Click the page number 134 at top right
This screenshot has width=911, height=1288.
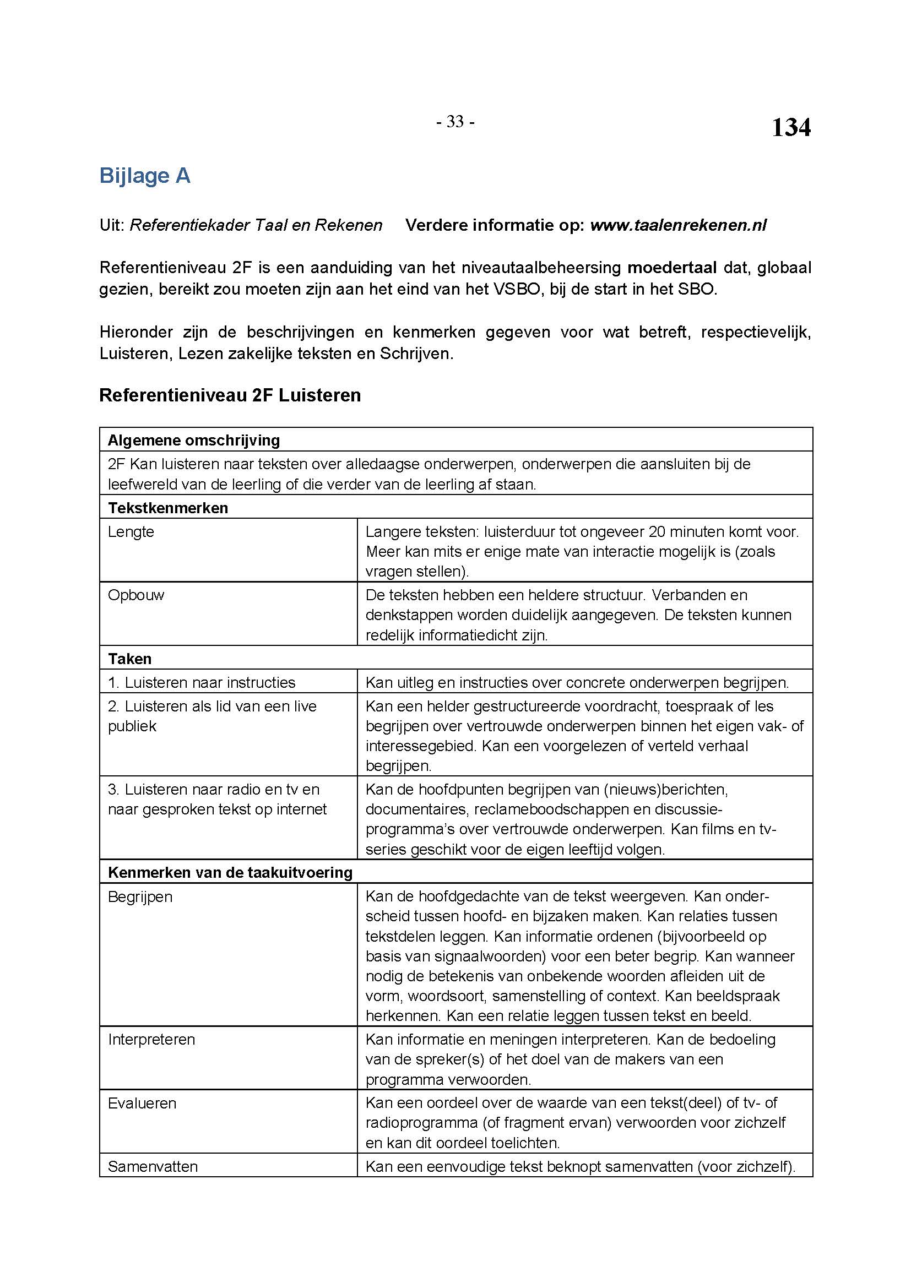coord(790,128)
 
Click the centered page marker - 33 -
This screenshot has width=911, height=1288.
coord(455,122)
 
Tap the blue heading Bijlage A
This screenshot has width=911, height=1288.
coord(145,176)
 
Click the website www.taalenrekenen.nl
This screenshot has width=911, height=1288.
coord(679,226)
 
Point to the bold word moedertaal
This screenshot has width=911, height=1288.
coord(672,268)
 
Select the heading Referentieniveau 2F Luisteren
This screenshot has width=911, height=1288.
coord(230,395)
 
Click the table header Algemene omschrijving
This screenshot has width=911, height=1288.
coord(193,441)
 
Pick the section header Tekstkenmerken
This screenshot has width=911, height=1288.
coord(168,508)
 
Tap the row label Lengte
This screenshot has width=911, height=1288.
coord(131,532)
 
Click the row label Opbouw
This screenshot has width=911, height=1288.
coord(135,595)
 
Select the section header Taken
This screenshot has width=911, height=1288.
coord(129,659)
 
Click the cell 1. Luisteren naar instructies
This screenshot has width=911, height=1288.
coord(202,683)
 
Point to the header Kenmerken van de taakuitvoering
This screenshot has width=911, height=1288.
coord(230,873)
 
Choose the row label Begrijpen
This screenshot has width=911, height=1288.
coord(140,897)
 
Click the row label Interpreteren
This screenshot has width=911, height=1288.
coord(151,1040)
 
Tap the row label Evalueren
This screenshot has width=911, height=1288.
coord(142,1103)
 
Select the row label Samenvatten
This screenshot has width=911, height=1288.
coord(153,1166)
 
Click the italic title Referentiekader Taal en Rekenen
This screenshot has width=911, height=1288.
coord(256,226)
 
